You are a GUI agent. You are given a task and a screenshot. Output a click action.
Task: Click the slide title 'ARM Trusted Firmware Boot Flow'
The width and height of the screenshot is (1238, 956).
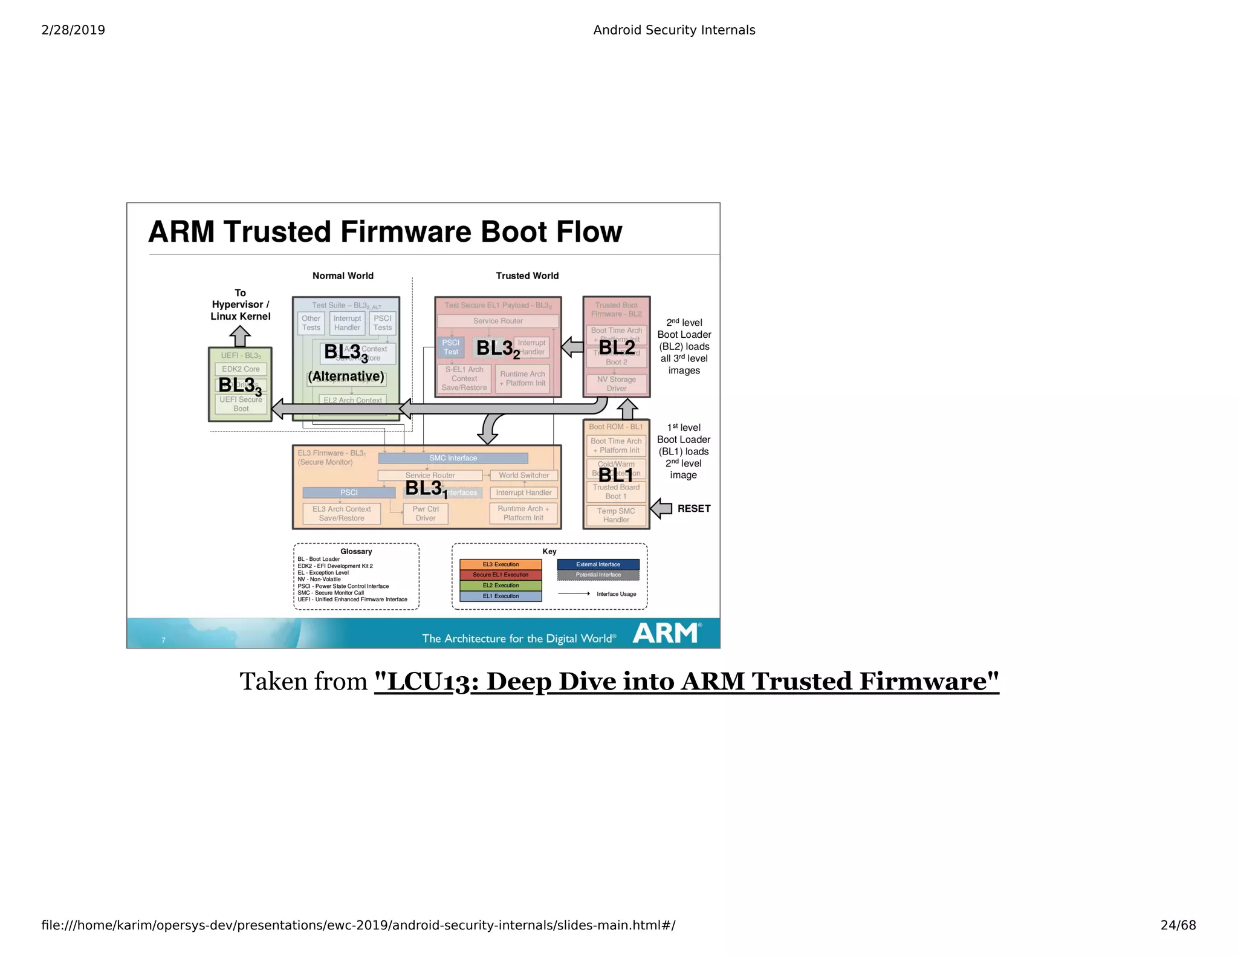pyautogui.click(x=385, y=231)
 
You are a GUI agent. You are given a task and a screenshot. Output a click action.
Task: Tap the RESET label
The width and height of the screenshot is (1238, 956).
pyautogui.click(x=693, y=509)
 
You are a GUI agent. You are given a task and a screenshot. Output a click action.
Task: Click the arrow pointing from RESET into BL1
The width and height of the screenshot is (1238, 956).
pyautogui.click(x=662, y=509)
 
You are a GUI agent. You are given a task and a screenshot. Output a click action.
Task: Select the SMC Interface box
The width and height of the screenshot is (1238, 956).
pyautogui.click(x=453, y=458)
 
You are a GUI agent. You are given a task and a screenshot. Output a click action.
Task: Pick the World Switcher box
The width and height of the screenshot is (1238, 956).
pyautogui.click(x=523, y=476)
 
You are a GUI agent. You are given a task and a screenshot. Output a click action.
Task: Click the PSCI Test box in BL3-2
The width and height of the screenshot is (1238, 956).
pyautogui.click(x=451, y=347)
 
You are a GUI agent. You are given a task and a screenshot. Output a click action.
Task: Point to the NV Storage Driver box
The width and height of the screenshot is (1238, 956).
pyautogui.click(x=616, y=384)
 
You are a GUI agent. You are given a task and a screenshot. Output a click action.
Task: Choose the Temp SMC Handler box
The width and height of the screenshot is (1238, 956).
pyautogui.click(x=616, y=515)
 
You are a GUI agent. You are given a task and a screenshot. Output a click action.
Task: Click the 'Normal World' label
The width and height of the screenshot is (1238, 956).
pyautogui.click(x=343, y=276)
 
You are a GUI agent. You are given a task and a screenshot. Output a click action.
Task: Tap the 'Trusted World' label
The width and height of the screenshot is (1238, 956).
pyautogui.click(x=527, y=276)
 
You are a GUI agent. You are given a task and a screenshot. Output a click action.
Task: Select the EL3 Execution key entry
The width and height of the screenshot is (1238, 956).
pyautogui.click(x=501, y=564)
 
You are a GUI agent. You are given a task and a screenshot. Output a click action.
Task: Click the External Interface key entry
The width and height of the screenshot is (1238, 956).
pyautogui.click(x=598, y=564)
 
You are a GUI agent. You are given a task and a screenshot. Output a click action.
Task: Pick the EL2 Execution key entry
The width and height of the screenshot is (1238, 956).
pyautogui.click(x=501, y=586)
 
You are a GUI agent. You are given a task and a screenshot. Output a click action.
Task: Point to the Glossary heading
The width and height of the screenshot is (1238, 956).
pyautogui.click(x=356, y=551)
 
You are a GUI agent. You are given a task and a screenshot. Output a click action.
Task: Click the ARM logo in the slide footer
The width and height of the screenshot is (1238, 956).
pyautogui.click(x=666, y=633)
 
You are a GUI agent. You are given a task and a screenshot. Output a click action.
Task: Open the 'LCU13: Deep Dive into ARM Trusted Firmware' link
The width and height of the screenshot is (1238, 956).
pyautogui.click(x=686, y=682)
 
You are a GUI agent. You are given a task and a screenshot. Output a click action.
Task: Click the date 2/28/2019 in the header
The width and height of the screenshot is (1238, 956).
pyautogui.click(x=73, y=30)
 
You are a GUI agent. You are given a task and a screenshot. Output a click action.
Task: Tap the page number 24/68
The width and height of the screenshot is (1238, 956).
pyautogui.click(x=1178, y=925)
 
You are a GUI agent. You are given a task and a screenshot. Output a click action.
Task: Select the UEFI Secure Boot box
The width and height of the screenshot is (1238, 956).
pyautogui.click(x=241, y=404)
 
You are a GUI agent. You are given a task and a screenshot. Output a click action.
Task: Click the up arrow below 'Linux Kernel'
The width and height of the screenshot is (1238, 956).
pyautogui.click(x=240, y=336)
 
